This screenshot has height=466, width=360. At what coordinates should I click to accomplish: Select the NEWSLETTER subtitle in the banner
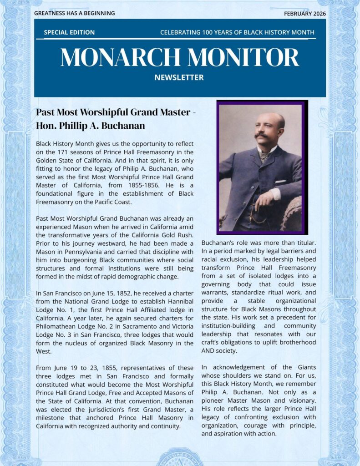179,77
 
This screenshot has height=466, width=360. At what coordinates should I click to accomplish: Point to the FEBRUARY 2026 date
305,13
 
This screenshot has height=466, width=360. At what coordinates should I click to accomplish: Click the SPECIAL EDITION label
69,32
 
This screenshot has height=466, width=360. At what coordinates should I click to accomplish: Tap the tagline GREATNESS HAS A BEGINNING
74,13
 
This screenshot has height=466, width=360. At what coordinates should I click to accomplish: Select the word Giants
305,367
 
